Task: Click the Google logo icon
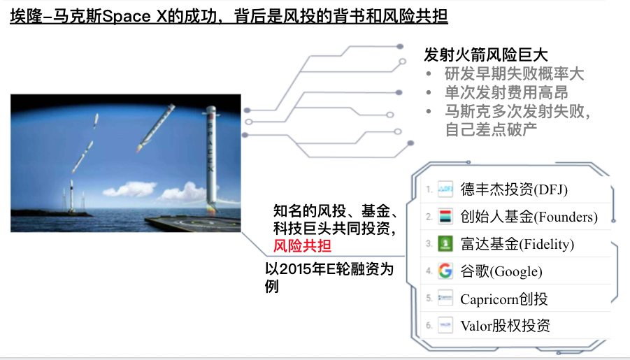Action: pos(445,271)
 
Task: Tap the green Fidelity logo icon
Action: pos(445,243)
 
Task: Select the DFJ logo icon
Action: pos(445,189)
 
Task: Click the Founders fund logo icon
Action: pos(445,216)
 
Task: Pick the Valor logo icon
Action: pos(445,325)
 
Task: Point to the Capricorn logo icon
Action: pos(445,298)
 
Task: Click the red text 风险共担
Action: pos(302,245)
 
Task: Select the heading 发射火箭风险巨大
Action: pos(486,55)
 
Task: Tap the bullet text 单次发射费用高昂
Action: pos(506,92)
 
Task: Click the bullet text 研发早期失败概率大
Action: pos(514,73)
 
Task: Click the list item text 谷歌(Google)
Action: pos(501,271)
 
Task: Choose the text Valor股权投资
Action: pos(505,326)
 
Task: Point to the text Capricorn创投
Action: pos(504,298)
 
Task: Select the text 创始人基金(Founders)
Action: pos(529,217)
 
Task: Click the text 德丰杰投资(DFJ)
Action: pos(514,189)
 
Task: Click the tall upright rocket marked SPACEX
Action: pos(211,159)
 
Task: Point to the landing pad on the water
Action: pos(193,224)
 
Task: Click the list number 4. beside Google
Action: pos(429,271)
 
